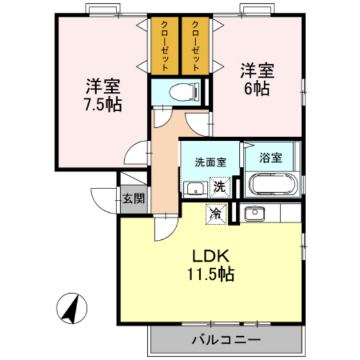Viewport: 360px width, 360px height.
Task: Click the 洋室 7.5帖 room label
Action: click(x=102, y=94)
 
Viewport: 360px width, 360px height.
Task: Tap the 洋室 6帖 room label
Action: click(x=257, y=78)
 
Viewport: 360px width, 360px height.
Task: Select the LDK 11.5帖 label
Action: click(x=209, y=264)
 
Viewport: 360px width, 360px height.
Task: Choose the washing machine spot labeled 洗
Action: click(x=220, y=188)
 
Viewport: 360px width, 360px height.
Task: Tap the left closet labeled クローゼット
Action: click(x=165, y=45)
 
